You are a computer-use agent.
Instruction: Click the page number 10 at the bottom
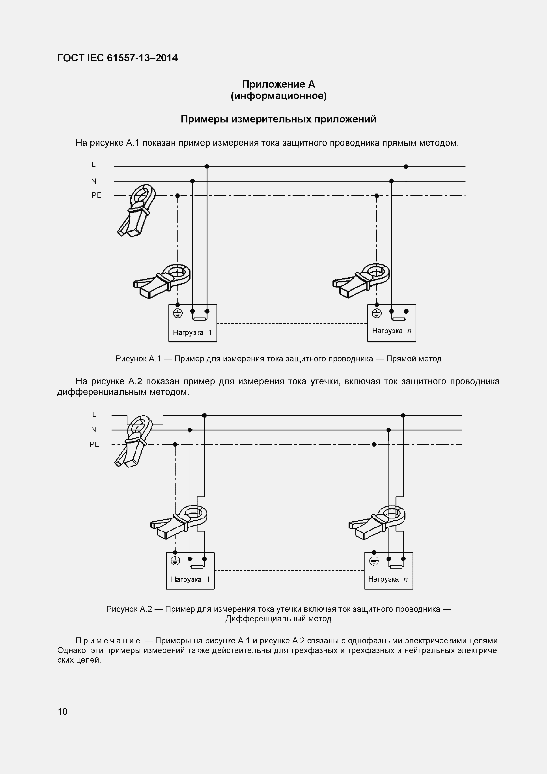[x=62, y=711]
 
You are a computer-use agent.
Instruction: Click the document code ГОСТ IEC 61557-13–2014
[x=117, y=58]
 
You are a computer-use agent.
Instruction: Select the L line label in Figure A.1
[x=94, y=165]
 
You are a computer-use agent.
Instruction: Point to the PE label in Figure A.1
[x=96, y=195]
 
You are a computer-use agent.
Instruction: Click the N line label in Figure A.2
[x=94, y=430]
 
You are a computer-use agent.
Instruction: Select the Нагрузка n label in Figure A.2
[x=388, y=579]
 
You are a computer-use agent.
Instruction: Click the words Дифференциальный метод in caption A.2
[x=278, y=619]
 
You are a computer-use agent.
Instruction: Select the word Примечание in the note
[x=108, y=641]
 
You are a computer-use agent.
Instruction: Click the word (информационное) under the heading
[x=278, y=96]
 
